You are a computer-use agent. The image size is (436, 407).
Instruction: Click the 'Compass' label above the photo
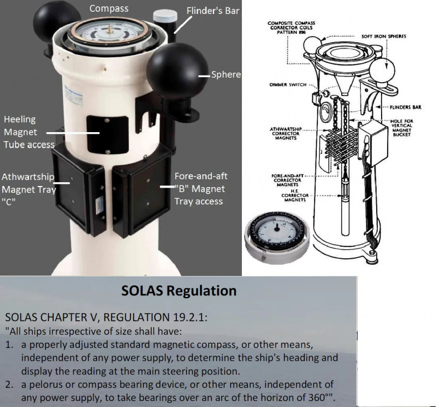tap(109, 9)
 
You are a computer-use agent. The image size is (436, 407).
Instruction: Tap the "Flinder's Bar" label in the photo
tap(212, 11)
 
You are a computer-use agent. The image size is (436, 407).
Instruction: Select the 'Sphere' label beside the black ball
tap(226, 74)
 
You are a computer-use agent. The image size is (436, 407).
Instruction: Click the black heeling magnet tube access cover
tap(108, 135)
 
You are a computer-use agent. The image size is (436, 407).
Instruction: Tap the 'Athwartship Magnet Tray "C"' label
tap(29, 189)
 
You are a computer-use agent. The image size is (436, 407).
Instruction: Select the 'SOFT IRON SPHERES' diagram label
tap(383, 36)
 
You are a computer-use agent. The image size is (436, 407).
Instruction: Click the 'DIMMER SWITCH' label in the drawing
tap(288, 84)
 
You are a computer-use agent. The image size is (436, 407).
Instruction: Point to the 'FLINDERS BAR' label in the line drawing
tap(405, 107)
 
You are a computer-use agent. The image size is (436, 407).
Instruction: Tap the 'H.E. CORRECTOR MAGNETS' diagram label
tap(295, 195)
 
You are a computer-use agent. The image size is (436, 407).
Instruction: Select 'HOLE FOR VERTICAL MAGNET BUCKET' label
tap(402, 128)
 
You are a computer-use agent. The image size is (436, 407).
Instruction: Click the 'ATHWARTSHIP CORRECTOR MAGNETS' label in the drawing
tap(286, 134)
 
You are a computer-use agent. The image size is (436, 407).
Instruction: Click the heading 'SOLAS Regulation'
tap(179, 291)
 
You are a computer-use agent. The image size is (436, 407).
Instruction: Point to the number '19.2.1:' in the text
tap(190, 317)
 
